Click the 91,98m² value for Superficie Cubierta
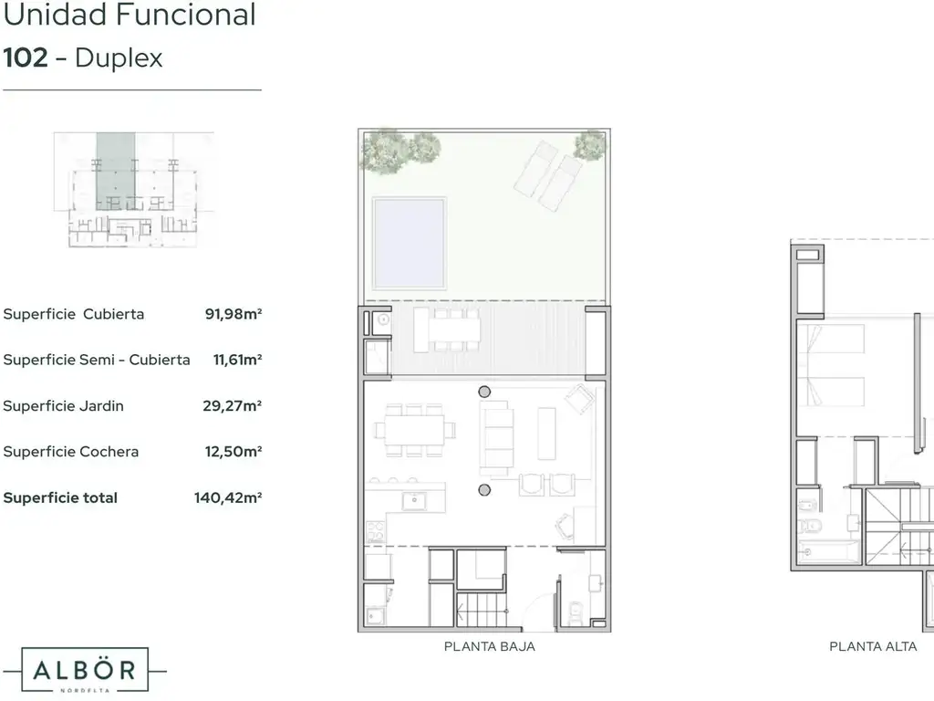click(x=233, y=314)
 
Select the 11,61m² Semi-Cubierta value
click(x=238, y=360)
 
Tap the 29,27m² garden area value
click(x=233, y=406)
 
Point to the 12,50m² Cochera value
click(x=233, y=452)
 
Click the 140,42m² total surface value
click(x=228, y=497)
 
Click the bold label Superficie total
click(x=60, y=497)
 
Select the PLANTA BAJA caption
click(x=490, y=647)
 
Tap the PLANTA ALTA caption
click(x=873, y=647)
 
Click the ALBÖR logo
click(x=85, y=671)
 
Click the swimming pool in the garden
click(x=409, y=242)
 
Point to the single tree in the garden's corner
click(x=590, y=145)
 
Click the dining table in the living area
click(x=415, y=430)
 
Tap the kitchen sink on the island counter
click(x=414, y=501)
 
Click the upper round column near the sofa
click(x=484, y=392)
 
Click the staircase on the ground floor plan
click(x=482, y=609)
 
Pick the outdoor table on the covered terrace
click(x=447, y=330)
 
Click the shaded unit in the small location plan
click(x=116, y=171)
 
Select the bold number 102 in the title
click(x=25, y=58)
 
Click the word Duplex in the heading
click(x=119, y=58)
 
